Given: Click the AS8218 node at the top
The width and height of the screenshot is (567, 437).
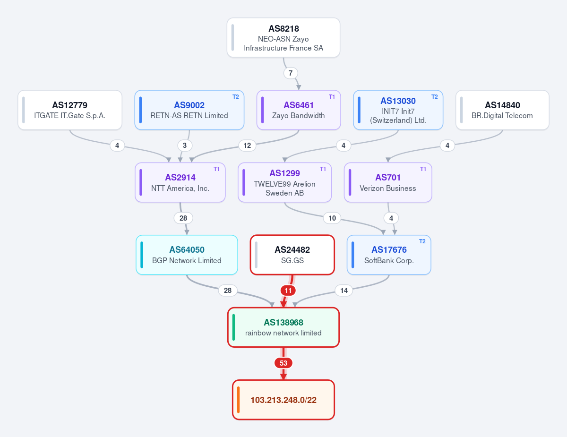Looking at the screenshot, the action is click(283, 38).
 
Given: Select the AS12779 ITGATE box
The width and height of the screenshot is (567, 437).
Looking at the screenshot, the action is click(70, 110).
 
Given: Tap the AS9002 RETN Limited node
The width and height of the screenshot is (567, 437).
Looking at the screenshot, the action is click(189, 110).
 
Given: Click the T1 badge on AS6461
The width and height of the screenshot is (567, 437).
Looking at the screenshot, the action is click(332, 97).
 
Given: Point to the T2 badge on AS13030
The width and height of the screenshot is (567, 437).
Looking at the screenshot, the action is click(434, 97).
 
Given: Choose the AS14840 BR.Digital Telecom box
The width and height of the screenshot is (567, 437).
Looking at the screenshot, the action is click(502, 110).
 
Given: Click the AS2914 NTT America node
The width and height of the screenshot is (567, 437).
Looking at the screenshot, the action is click(180, 182).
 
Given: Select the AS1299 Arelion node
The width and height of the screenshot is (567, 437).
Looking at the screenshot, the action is click(284, 182).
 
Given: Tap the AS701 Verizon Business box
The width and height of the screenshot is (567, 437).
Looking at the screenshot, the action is click(388, 182).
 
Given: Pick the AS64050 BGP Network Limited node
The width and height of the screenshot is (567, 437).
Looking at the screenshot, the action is click(187, 255).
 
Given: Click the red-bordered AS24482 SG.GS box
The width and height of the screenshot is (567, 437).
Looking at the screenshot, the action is click(292, 255).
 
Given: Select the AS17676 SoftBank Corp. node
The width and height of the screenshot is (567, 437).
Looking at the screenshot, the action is click(389, 255).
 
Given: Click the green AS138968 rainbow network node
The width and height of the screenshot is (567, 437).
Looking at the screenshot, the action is click(283, 327).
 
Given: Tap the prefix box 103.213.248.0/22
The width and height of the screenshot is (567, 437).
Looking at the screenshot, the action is click(283, 400).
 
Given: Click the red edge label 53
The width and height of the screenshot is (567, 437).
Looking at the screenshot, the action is click(283, 363).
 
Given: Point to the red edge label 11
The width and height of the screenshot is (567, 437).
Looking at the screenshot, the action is click(288, 291).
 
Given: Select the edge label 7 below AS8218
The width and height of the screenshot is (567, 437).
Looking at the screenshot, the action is click(291, 73).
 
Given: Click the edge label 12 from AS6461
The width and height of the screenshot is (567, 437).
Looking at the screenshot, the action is click(247, 146).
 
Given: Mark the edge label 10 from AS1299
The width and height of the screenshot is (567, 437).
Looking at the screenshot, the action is click(332, 218).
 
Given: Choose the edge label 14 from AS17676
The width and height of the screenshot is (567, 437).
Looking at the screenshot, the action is click(344, 291).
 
